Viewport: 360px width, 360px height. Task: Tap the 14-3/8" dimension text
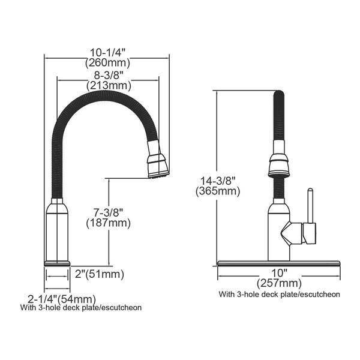click(x=217, y=181)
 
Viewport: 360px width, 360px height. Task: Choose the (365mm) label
click(x=217, y=191)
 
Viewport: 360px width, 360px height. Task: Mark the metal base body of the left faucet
click(x=58, y=231)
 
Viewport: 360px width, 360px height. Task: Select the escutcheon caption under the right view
click(x=280, y=295)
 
